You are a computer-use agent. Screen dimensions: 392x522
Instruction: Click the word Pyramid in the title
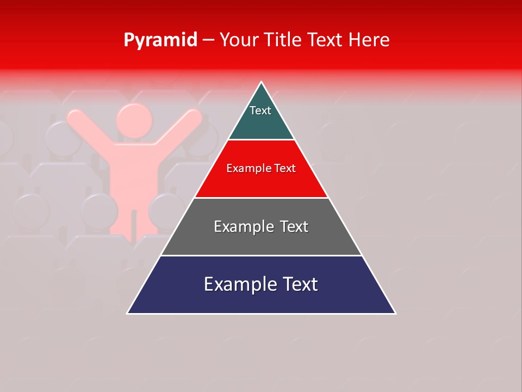click(x=160, y=40)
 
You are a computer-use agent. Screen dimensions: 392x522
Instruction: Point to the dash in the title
click(x=208, y=40)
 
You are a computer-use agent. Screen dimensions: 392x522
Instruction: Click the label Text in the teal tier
click(x=260, y=111)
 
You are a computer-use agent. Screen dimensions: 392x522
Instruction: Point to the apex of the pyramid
click(x=262, y=83)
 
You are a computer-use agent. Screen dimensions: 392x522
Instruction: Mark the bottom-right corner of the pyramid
click(x=395, y=313)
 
